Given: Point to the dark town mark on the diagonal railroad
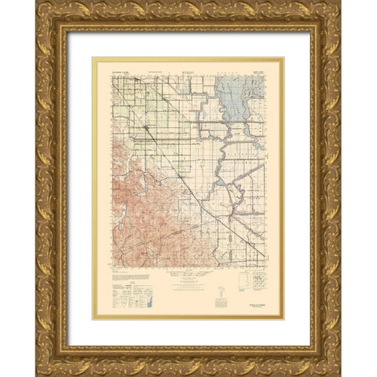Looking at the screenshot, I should click(x=146, y=126).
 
